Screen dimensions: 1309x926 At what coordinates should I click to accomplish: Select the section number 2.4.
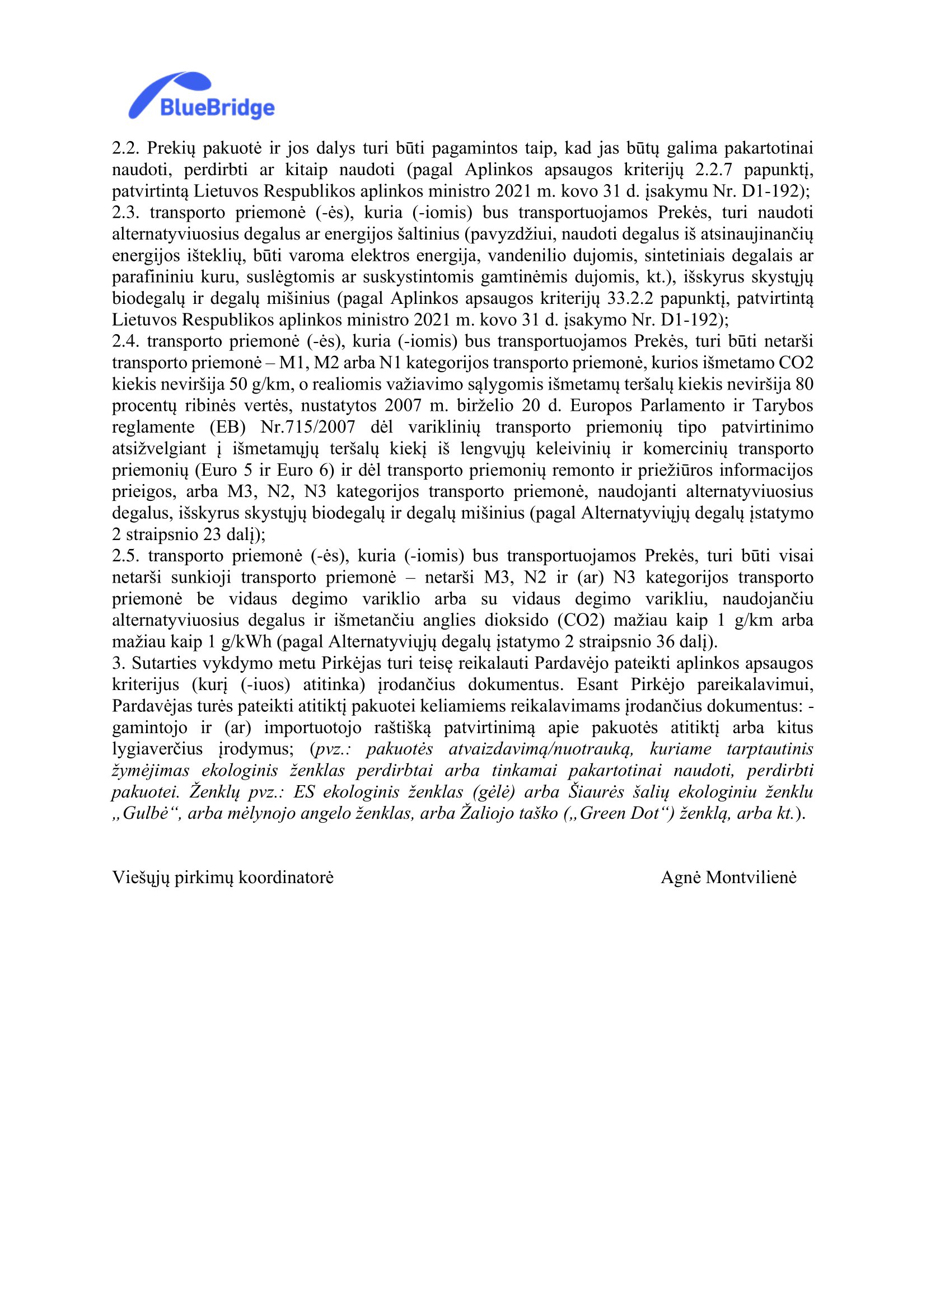[x=125, y=341]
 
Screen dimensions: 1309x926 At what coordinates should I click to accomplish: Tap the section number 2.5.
[x=125, y=556]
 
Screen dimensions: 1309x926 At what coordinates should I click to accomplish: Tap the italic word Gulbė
[x=146, y=814]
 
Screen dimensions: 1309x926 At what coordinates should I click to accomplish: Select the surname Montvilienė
[x=751, y=878]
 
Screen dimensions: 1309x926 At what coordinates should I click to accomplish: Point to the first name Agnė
[x=680, y=878]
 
